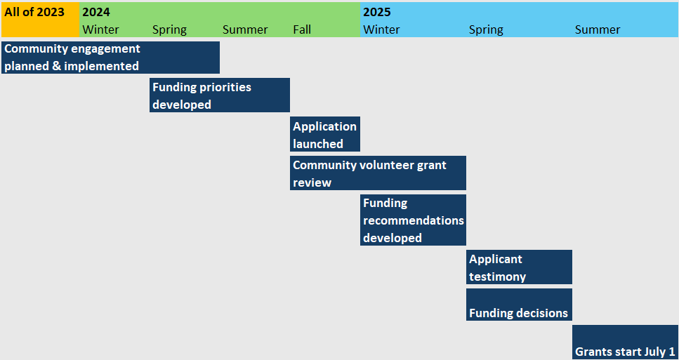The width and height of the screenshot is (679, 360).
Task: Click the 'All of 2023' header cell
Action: point(40,20)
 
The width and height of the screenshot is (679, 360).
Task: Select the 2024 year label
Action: point(95,12)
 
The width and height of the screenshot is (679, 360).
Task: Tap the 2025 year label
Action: point(377,12)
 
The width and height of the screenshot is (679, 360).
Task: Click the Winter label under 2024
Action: point(100,30)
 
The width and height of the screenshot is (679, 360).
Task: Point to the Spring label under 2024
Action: point(169,30)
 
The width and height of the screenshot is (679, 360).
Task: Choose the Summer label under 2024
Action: point(245,30)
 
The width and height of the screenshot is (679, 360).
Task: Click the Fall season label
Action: point(302,30)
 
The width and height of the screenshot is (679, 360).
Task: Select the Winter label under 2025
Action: point(381,30)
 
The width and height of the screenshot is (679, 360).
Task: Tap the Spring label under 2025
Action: point(486,30)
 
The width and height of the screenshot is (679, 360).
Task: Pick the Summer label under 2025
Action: point(598,30)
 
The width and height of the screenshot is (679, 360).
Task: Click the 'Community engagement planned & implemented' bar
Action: point(110,58)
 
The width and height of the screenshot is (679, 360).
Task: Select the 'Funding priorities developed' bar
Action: point(220,95)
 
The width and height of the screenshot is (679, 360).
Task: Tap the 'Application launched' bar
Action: point(325,134)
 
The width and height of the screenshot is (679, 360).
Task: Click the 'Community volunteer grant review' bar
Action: point(378,173)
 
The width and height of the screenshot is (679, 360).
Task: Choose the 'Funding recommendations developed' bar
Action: point(413,220)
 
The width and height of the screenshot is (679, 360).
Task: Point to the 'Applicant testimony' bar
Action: point(519,267)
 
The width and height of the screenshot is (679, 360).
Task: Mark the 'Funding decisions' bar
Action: point(519,305)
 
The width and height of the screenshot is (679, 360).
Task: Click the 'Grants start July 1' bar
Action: point(625,342)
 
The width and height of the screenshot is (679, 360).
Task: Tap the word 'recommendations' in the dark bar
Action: point(414,220)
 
